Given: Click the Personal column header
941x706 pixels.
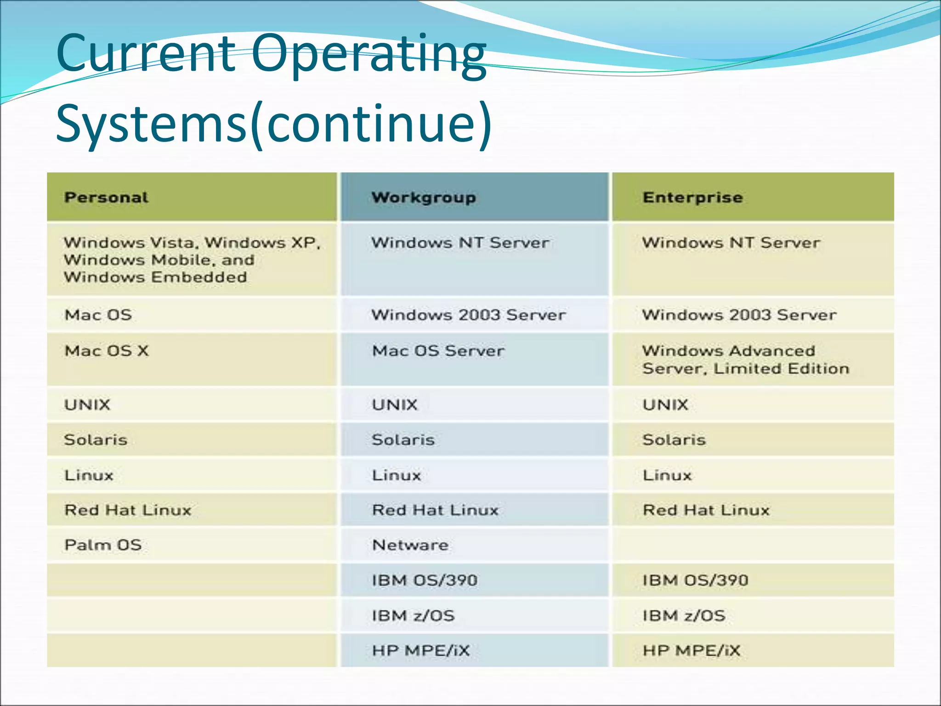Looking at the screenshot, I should pos(106,198).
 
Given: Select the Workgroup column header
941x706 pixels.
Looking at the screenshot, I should pos(424,198).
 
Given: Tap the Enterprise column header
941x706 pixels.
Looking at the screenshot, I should pos(692,198).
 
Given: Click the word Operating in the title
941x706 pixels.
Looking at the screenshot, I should pos(368,54).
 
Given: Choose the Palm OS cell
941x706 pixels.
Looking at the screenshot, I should pos(103,545).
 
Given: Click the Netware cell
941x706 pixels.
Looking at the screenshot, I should pos(410,545).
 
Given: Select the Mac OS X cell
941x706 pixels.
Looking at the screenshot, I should pos(107,351).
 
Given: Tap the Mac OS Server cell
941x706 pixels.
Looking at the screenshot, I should pos(438,351).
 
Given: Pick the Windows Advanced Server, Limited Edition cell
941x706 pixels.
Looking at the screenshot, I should pos(745,360).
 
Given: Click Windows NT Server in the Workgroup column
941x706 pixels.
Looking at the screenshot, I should pos(460,243).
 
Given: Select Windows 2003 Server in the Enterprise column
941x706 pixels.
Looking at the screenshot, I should pos(739,315).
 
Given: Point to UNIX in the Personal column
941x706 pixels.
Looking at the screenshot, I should pos(87,405).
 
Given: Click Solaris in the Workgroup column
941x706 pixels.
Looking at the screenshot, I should pos(403,440).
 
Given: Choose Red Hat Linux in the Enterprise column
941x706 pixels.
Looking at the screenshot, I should pos(706,510).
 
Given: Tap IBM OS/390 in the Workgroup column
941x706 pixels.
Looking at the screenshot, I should pos(425,581).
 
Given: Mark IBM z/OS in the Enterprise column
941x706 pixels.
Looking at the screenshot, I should pos(684,616).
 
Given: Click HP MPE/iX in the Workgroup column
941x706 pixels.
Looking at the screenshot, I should pos(421,651).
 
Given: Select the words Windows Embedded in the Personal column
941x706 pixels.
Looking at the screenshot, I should pos(155,278).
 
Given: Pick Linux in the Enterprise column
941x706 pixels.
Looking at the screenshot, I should pos(667,475).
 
